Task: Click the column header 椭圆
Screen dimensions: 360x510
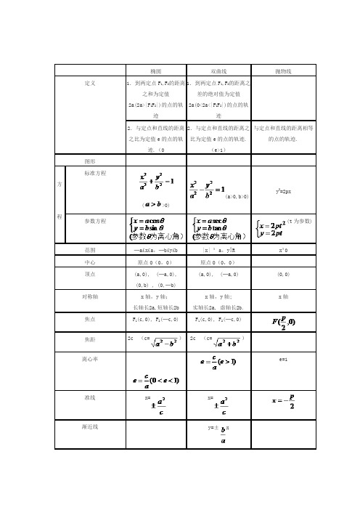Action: point(155,72)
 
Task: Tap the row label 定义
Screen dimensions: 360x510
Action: point(91,84)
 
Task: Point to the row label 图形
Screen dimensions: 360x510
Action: point(91,159)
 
